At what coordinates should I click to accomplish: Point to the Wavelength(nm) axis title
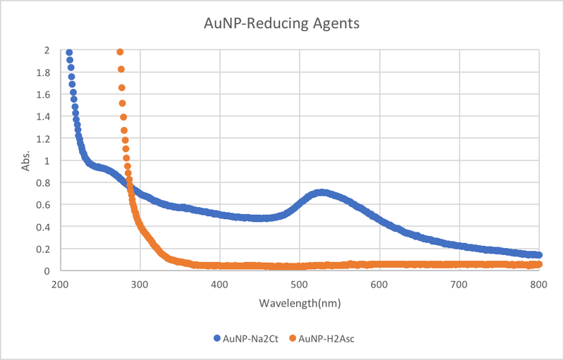click(299, 304)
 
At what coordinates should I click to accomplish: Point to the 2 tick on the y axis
click(47, 51)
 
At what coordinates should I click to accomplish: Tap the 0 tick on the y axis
click(47, 271)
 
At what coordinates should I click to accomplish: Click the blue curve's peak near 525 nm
click(321, 192)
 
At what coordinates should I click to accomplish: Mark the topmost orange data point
click(120, 52)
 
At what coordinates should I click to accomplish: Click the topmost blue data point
click(68, 53)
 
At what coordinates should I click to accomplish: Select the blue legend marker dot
click(217, 338)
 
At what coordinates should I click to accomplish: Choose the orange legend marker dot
click(293, 338)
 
